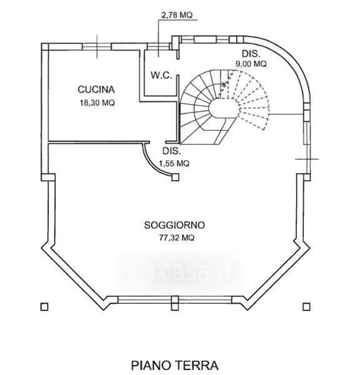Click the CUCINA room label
(x=96, y=89)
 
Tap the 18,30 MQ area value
(x=97, y=103)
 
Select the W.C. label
(x=161, y=75)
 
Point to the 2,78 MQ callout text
(x=177, y=15)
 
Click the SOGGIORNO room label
(x=174, y=225)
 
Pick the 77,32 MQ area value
(x=176, y=237)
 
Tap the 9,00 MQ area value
(x=251, y=64)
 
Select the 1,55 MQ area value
(x=174, y=164)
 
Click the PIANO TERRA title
(x=174, y=366)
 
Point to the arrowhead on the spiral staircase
(x=224, y=84)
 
